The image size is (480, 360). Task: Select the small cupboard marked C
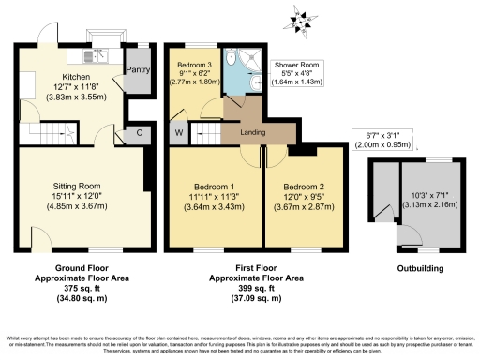(139, 132)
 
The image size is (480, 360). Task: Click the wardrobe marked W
(178, 132)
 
